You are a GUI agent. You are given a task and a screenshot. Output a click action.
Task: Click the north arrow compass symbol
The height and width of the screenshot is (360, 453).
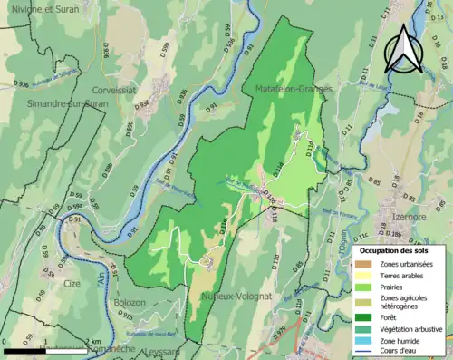click(x=404, y=48)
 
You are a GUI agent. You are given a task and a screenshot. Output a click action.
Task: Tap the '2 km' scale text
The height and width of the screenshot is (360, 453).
click(x=94, y=341)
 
